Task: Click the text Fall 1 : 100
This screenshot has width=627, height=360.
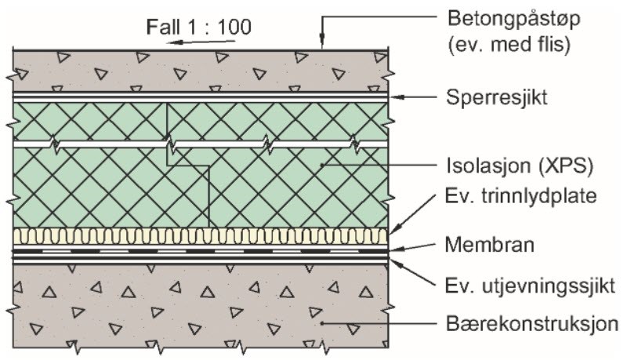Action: [x=199, y=27]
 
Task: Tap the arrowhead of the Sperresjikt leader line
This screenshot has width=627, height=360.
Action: [x=396, y=97]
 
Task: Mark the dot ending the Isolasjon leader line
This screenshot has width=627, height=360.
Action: [x=322, y=165]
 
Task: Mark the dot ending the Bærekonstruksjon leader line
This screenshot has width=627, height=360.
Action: [x=322, y=323]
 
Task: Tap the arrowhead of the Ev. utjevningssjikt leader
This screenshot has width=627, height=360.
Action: [x=394, y=262]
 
